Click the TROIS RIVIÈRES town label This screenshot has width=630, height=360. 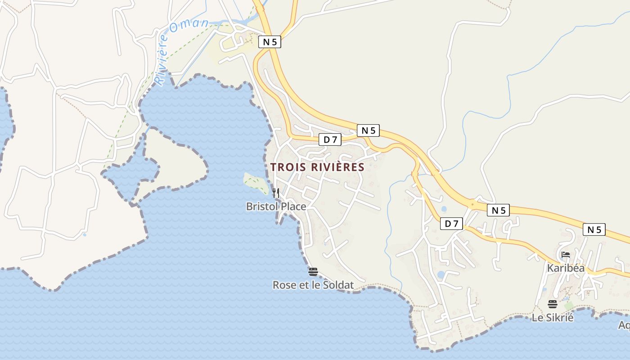317,167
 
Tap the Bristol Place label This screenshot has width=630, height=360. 276,207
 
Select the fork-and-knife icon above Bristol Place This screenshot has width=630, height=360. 276,193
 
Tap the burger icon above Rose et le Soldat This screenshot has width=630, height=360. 313,272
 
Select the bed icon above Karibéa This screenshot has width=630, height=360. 566,255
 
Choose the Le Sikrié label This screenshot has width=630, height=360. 553,318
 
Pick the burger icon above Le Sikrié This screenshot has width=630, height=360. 553,304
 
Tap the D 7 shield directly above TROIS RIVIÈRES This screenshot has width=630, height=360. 330,139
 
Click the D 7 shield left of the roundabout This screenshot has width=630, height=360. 451,224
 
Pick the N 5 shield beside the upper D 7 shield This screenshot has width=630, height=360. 368,130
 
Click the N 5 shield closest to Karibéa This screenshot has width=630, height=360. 594,229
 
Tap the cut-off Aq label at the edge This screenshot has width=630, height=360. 624,325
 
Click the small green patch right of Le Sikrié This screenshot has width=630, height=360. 569,306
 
